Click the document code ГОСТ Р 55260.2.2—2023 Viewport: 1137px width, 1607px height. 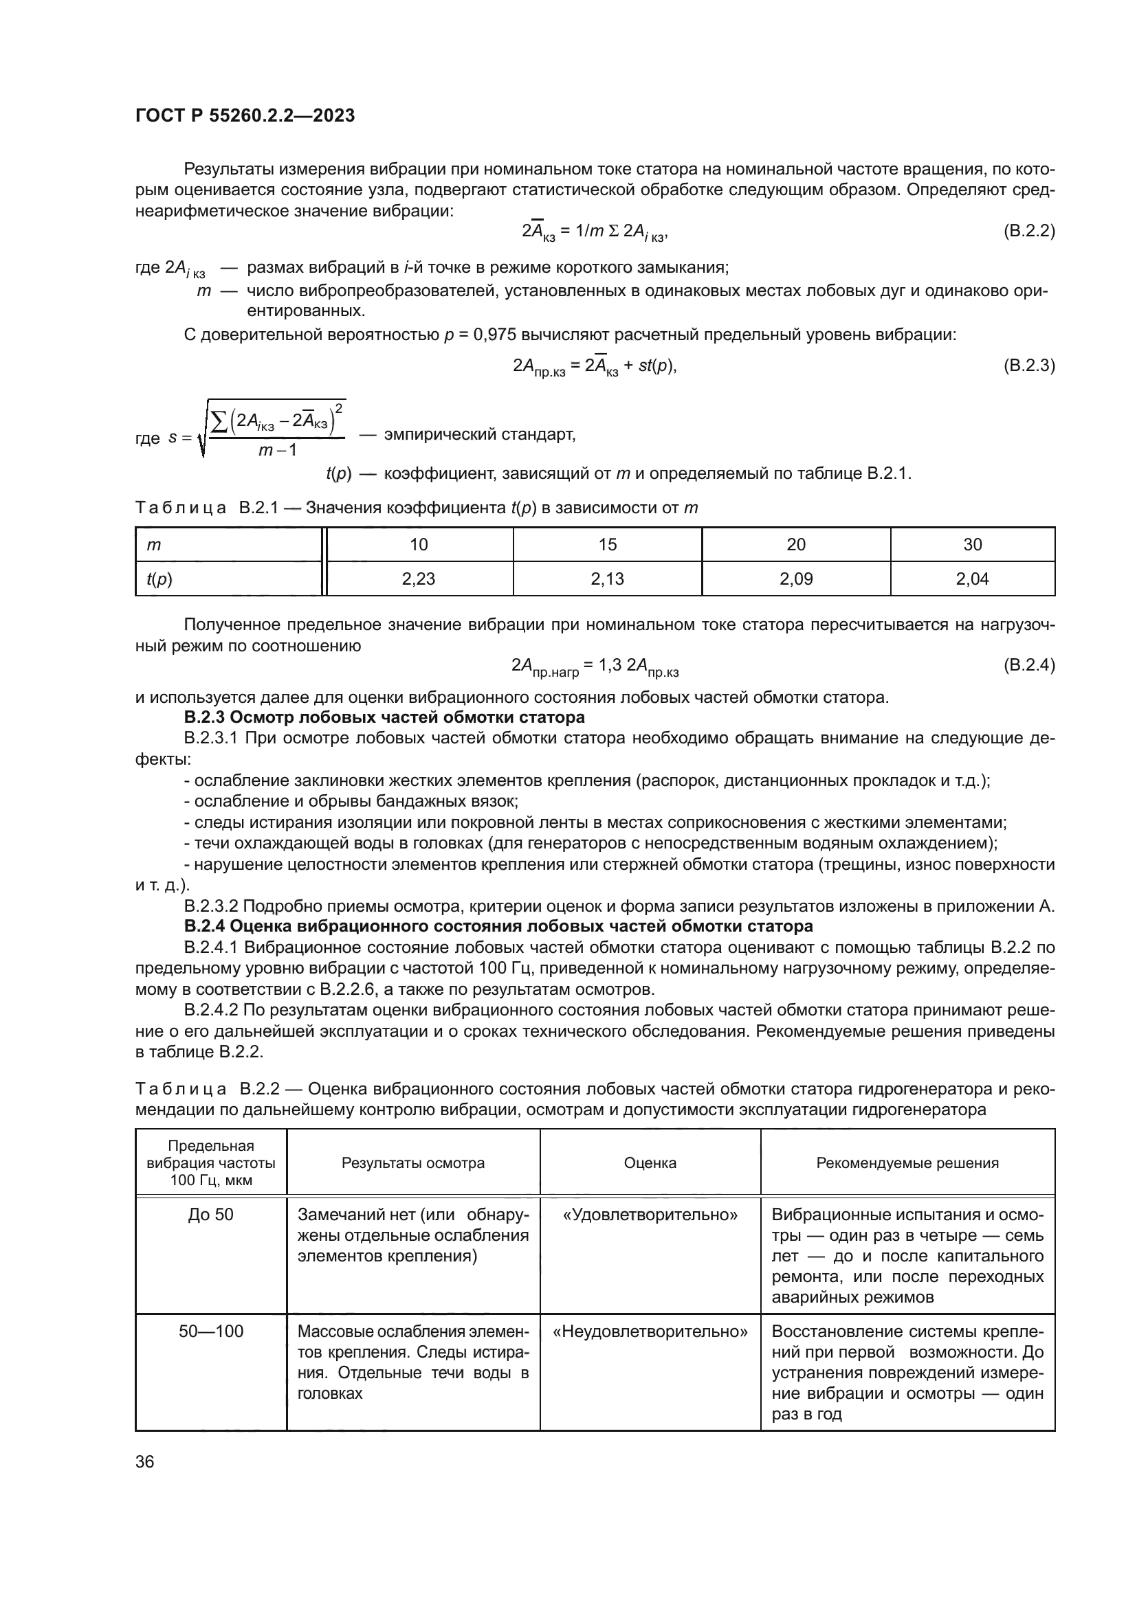245,115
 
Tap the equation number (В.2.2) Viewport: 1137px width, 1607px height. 1028,230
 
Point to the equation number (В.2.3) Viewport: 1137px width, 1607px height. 1028,365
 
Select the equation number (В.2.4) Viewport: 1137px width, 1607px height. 1028,665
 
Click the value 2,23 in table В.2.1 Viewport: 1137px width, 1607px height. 419,578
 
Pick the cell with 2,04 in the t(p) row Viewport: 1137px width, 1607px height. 973,578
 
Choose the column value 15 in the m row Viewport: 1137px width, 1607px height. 607,545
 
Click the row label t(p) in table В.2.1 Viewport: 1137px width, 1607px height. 159,578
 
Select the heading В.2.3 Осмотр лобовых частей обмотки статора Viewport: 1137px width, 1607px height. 384,717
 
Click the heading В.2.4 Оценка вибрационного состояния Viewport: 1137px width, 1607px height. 498,926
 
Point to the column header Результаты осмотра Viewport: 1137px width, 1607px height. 413,1162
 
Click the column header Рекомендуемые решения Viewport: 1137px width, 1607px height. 907,1162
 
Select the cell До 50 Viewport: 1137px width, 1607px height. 211,1214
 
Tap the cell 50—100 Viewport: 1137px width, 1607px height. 211,1331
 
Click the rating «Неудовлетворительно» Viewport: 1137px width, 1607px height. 650,1331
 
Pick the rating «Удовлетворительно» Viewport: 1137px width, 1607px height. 650,1214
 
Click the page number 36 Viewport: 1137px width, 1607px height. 145,1461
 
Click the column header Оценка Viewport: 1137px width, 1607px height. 650,1162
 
